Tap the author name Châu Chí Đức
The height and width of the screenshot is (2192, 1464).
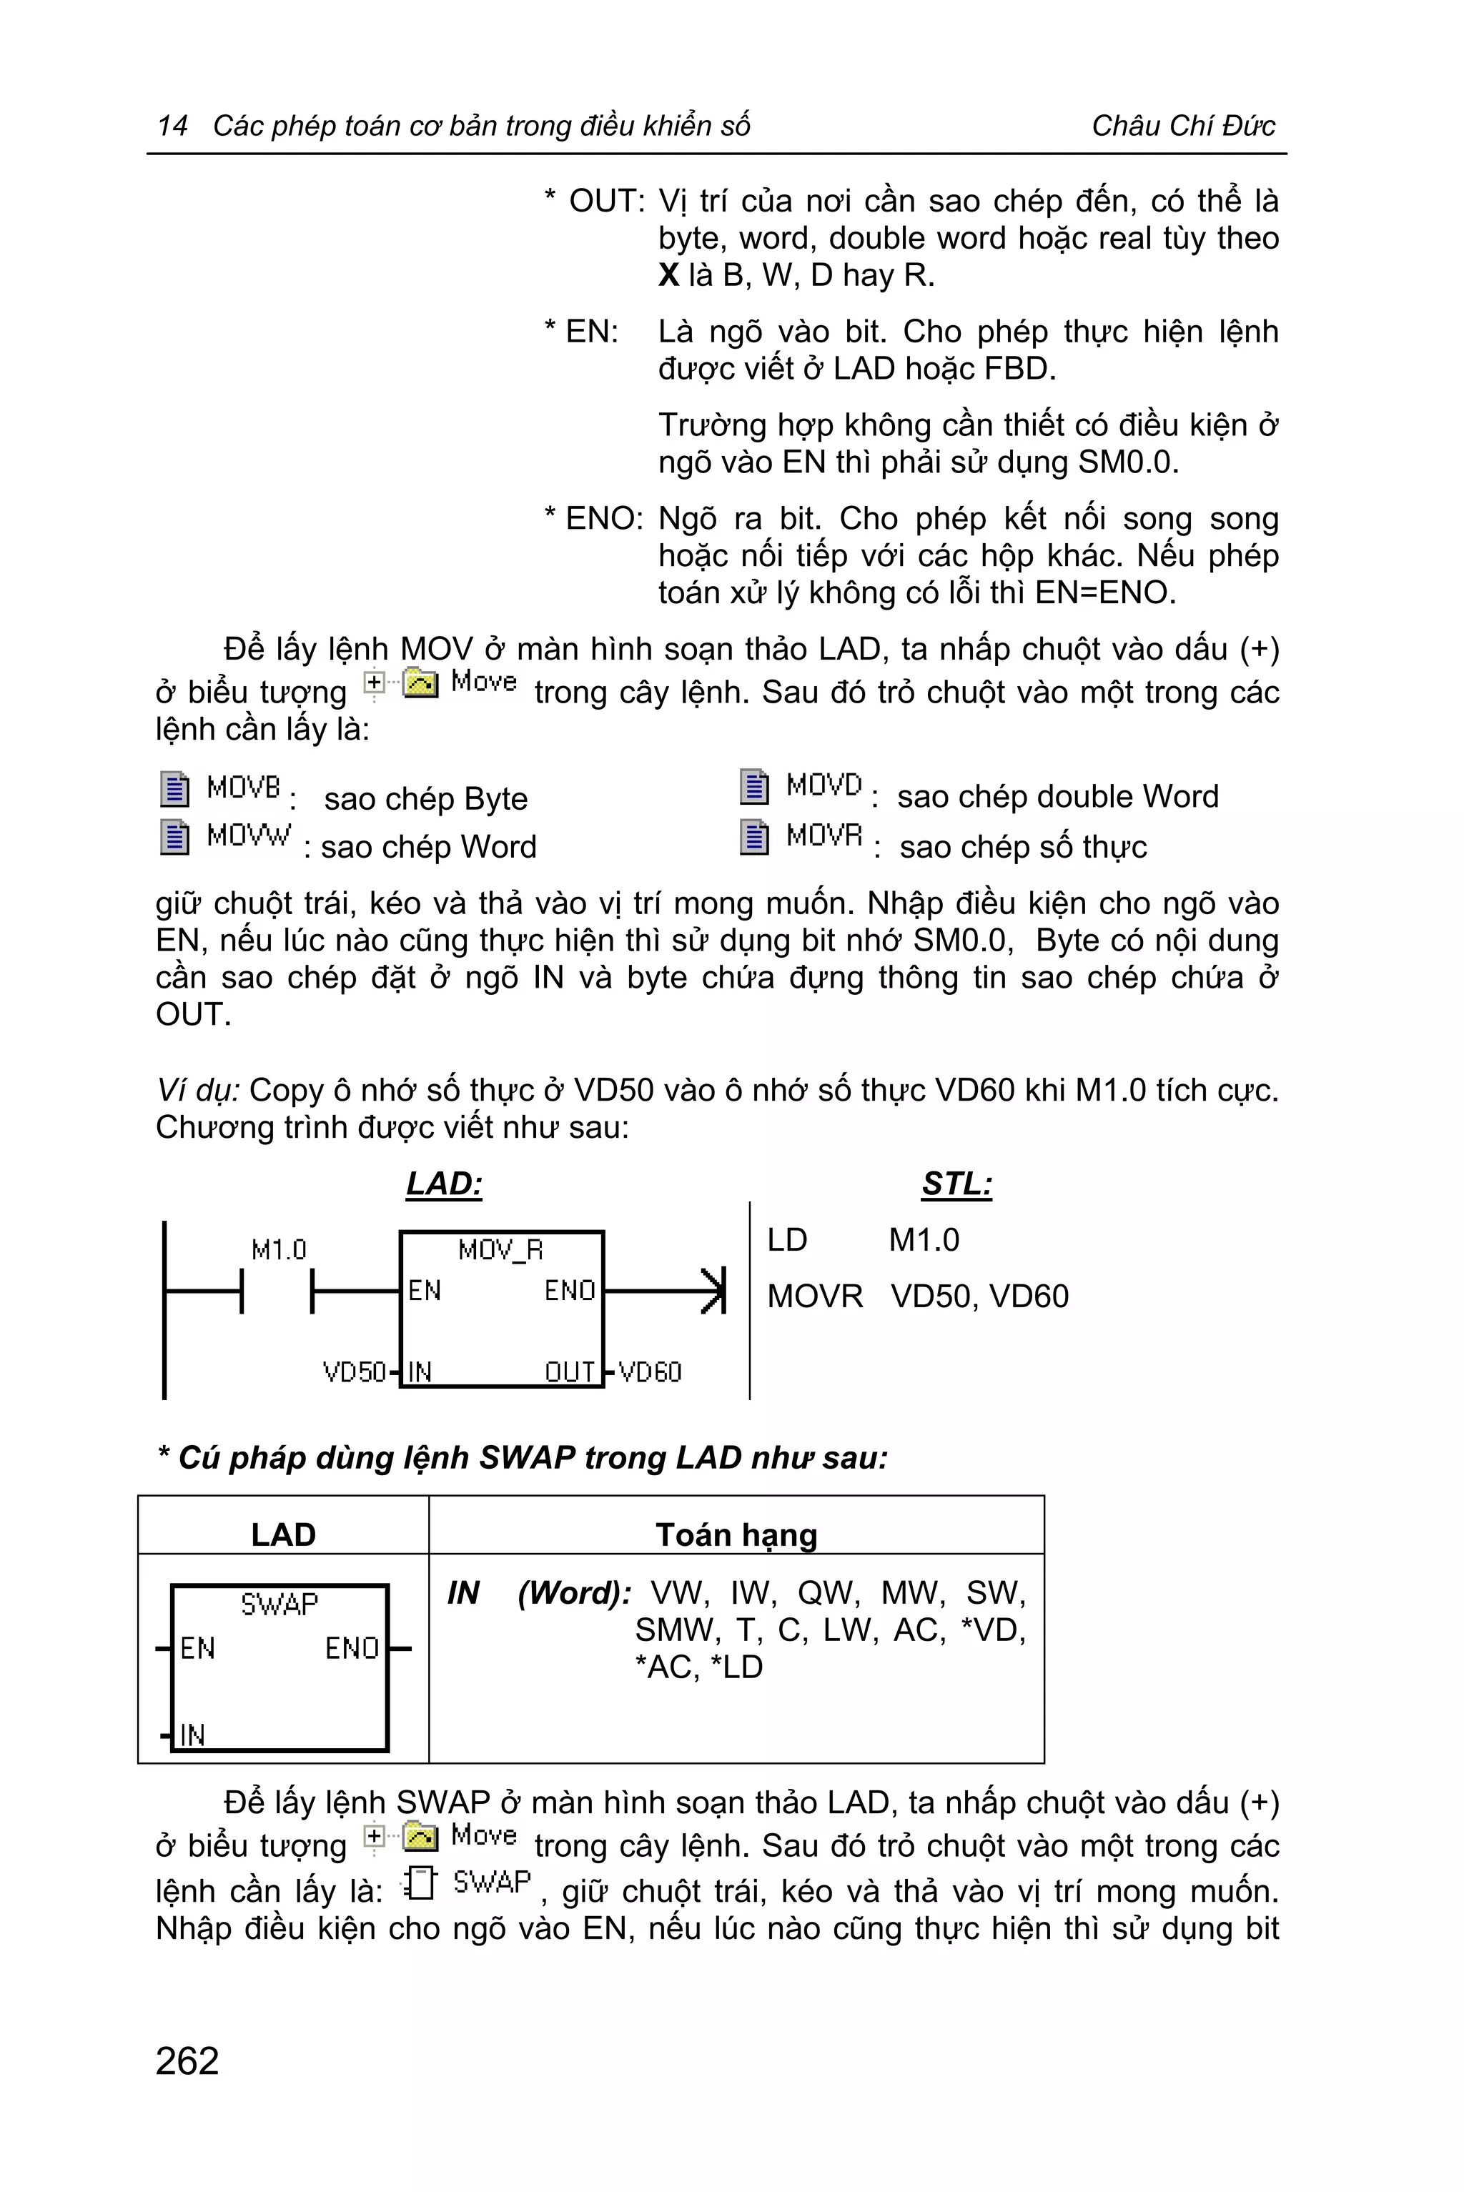[x=1183, y=125]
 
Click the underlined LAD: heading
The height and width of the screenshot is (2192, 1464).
[x=445, y=1184]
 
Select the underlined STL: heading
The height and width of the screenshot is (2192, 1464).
[x=957, y=1184]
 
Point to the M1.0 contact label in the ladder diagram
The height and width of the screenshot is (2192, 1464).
[x=278, y=1249]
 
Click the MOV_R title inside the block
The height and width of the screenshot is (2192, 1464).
[x=500, y=1249]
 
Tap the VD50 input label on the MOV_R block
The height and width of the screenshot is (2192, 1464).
[x=354, y=1372]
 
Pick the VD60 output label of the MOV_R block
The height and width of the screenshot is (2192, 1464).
[x=650, y=1372]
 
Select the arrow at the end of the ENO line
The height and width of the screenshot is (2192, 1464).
[x=713, y=1291]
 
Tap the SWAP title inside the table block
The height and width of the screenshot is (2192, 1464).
[x=280, y=1605]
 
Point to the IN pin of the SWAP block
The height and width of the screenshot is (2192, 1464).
[x=192, y=1735]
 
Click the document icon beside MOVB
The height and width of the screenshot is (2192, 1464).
[x=174, y=789]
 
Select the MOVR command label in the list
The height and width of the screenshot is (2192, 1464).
[x=823, y=835]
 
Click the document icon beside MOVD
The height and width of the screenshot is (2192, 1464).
[x=754, y=786]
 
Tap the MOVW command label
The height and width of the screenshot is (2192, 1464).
[x=248, y=835]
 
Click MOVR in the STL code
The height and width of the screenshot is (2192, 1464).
[x=815, y=1296]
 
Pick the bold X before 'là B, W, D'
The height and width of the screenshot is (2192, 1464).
[x=668, y=275]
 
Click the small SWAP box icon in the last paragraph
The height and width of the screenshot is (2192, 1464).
[x=420, y=1884]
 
